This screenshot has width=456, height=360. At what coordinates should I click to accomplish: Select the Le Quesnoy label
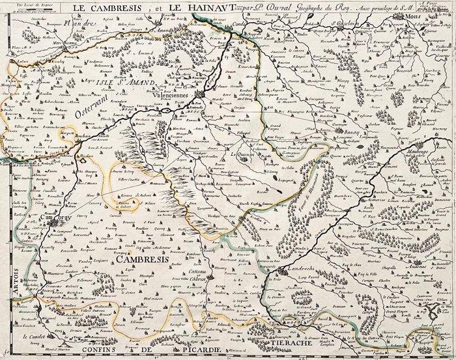coord(245,154)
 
